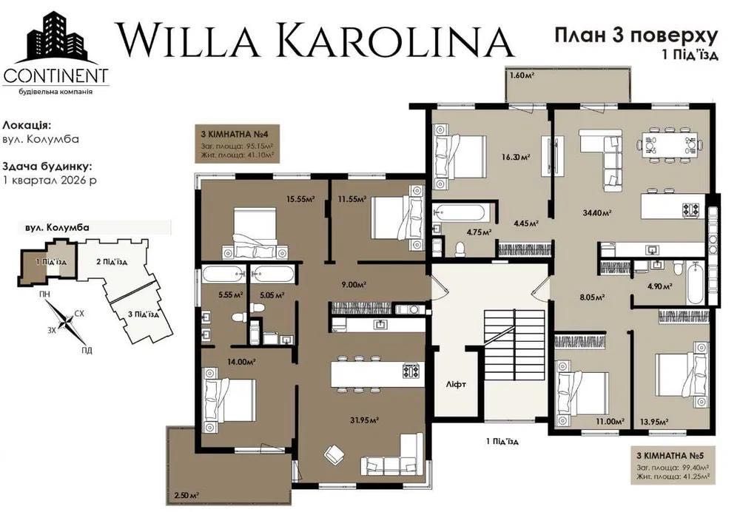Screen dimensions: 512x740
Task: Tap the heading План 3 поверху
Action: [636, 35]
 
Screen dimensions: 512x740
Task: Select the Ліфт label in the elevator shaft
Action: [455, 385]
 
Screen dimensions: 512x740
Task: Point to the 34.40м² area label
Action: [596, 213]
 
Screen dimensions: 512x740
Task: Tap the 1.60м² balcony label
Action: [522, 75]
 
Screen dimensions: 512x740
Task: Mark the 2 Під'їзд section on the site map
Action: [112, 262]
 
